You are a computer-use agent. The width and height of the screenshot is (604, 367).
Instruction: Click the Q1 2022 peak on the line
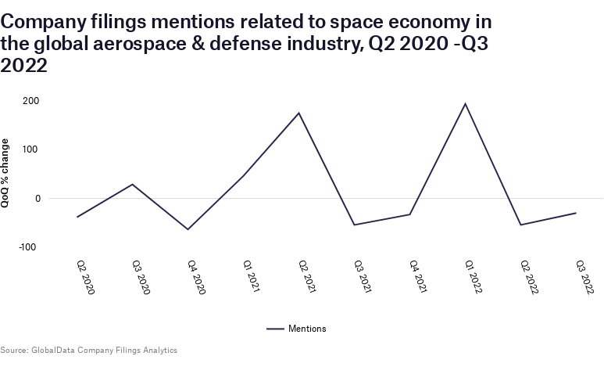tap(465, 103)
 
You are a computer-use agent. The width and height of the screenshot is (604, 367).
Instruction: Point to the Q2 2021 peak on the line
tap(299, 113)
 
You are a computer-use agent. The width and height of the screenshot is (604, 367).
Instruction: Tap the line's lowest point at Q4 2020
tap(188, 229)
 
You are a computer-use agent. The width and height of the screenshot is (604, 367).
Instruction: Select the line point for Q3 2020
tap(132, 184)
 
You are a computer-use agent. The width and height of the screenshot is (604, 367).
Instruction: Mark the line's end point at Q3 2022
tap(576, 213)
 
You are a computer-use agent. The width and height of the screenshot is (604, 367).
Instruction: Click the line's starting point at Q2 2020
tap(77, 217)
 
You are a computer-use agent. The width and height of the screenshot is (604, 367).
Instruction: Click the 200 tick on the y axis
tap(31, 101)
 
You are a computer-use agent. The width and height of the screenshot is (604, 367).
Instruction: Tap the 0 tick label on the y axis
tap(37, 199)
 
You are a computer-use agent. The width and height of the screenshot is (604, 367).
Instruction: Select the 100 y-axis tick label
tap(31, 149)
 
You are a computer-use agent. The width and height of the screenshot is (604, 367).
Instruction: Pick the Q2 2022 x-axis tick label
tap(531, 277)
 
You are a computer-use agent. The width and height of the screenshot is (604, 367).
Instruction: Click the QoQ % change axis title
tap(7, 174)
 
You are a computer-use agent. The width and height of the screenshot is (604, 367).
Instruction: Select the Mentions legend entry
tap(297, 329)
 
